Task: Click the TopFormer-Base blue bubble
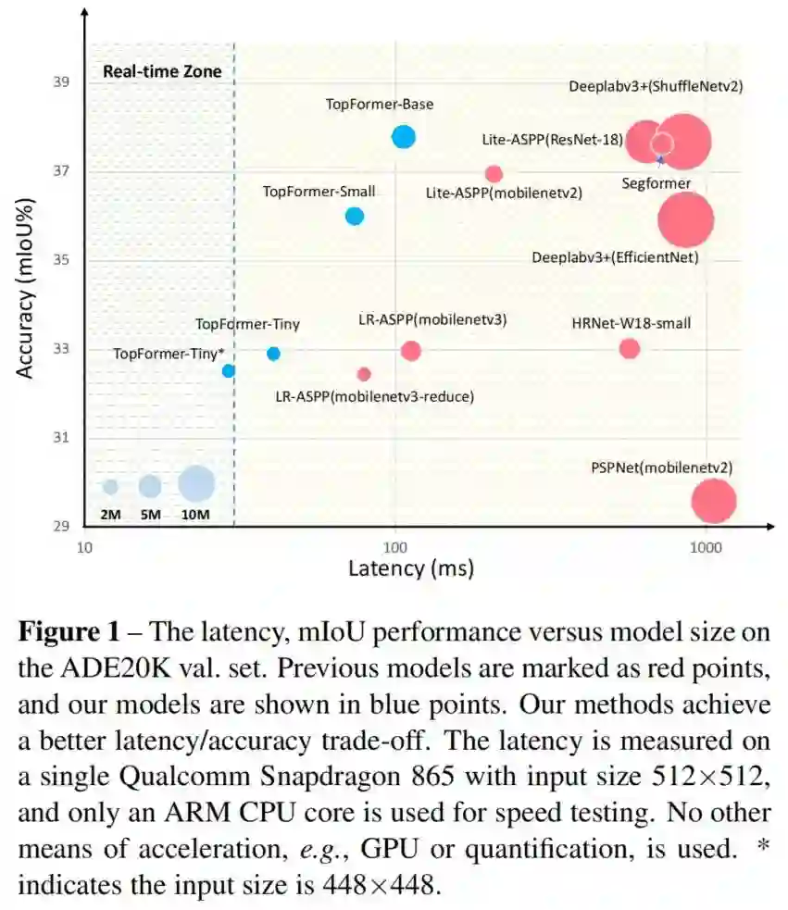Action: [x=403, y=137]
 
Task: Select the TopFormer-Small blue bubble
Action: [x=354, y=216]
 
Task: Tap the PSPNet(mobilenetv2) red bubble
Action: [x=713, y=501]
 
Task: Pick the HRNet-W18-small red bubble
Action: [x=630, y=348]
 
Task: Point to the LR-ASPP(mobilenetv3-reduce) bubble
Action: [x=364, y=374]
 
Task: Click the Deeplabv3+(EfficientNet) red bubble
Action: [x=685, y=219]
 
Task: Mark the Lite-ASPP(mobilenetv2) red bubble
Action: [x=494, y=174]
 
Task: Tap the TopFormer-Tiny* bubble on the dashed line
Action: [x=229, y=371]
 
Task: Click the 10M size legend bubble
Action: [x=196, y=482]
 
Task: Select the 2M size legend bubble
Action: [x=110, y=486]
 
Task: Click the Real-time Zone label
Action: [x=162, y=71]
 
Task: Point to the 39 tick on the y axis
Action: [x=63, y=82]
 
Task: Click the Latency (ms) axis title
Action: [x=410, y=567]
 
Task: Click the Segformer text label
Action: [x=656, y=183]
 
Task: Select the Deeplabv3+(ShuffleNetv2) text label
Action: [x=656, y=86]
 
